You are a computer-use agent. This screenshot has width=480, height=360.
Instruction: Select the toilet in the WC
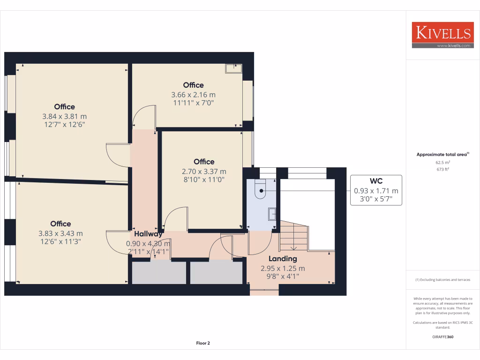tap(260, 189)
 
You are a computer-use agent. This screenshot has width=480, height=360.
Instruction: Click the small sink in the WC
tap(272, 214)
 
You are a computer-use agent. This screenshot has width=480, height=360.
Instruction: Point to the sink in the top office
tap(233, 68)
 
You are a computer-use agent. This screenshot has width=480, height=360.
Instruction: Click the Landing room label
tap(282, 259)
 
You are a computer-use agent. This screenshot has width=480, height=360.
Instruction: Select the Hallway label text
tap(148, 234)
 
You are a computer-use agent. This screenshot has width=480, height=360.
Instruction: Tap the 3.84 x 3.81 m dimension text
tap(64, 116)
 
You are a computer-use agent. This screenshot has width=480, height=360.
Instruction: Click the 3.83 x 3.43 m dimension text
tap(60, 233)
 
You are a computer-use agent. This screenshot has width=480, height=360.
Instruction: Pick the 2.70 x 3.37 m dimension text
tap(204, 172)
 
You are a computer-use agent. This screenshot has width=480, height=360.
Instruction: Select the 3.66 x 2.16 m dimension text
tap(193, 95)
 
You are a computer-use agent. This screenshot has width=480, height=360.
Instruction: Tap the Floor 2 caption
tap(202, 343)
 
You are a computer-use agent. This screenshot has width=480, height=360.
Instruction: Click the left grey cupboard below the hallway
tap(158, 273)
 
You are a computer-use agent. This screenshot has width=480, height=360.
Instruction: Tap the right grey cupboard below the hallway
tap(216, 273)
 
